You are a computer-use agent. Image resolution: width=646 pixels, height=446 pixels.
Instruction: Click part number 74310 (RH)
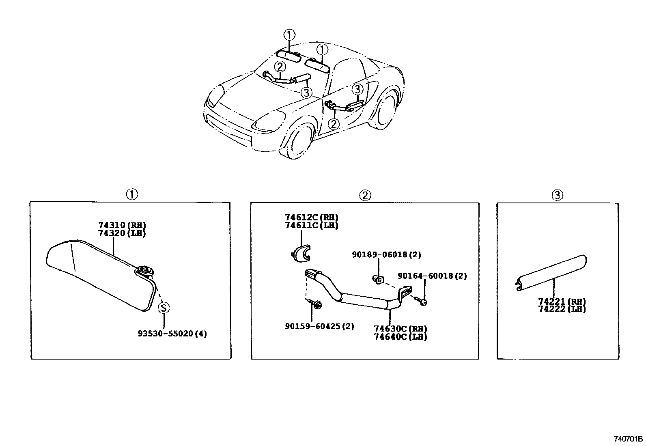tap(122, 226)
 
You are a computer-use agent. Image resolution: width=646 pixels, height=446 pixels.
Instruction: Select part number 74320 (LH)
tap(122, 233)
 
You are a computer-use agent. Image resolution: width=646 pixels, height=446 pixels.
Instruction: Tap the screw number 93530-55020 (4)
tap(172, 334)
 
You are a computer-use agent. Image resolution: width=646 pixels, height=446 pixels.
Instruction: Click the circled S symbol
tap(164, 308)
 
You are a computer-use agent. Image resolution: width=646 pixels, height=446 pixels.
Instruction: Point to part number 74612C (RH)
tap(311, 218)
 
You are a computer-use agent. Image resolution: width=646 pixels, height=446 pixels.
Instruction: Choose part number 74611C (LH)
tap(311, 225)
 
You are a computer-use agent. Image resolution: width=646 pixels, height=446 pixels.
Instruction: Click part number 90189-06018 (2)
tap(386, 255)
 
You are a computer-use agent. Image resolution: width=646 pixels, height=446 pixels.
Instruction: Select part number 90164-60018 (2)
tap(432, 276)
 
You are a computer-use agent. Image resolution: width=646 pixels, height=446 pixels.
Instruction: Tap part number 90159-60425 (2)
tap(319, 326)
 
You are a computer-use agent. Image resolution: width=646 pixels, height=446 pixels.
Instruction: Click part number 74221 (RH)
tap(562, 302)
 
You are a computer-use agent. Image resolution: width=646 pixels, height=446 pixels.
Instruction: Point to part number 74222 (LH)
tap(562, 309)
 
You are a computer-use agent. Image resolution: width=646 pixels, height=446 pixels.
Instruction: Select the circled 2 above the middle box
tap(365, 195)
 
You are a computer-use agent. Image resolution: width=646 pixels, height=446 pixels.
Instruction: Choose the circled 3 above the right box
tap(558, 196)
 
